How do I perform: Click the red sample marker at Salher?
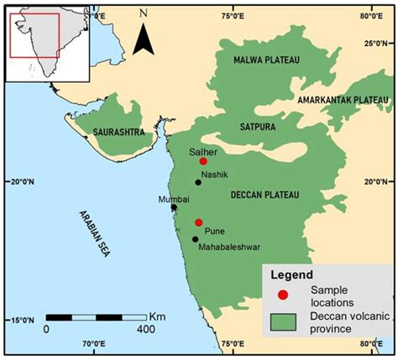coord(203,160)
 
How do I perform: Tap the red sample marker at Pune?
coord(199,222)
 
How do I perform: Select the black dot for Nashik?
coord(198,182)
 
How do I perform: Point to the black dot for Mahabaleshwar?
coord(196,239)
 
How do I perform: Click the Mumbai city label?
coord(175,199)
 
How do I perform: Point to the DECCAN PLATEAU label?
coord(264,195)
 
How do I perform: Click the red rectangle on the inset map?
coord(34,35)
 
